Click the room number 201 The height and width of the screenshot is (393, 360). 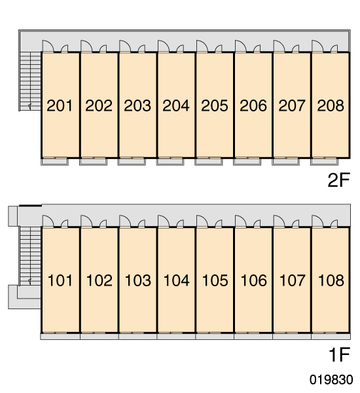[x=60, y=105]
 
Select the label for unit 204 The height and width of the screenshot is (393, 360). [x=176, y=105]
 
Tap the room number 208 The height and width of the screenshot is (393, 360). [x=331, y=105]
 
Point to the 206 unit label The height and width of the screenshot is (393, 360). [x=253, y=105]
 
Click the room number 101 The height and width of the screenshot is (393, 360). [x=60, y=280]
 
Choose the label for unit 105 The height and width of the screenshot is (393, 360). [x=215, y=280]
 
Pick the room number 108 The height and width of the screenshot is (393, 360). [x=331, y=280]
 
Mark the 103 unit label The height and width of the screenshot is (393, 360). [x=138, y=280]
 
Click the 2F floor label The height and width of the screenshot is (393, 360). [x=338, y=180]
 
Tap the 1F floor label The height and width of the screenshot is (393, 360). [x=339, y=354]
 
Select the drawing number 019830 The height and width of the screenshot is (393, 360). [x=331, y=379]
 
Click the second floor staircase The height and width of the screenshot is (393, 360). [x=30, y=81]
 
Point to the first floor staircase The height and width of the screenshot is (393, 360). [x=30, y=256]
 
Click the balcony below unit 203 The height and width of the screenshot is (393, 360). [x=132, y=162]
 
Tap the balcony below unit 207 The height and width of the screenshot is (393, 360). [x=285, y=162]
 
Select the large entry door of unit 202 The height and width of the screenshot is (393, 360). [x=86, y=46]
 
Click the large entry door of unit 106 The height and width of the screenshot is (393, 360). [x=241, y=221]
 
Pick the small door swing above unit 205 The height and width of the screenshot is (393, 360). [x=219, y=48]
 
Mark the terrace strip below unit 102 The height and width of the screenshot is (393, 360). [x=99, y=337]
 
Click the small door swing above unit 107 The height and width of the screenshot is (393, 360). [x=296, y=223]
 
